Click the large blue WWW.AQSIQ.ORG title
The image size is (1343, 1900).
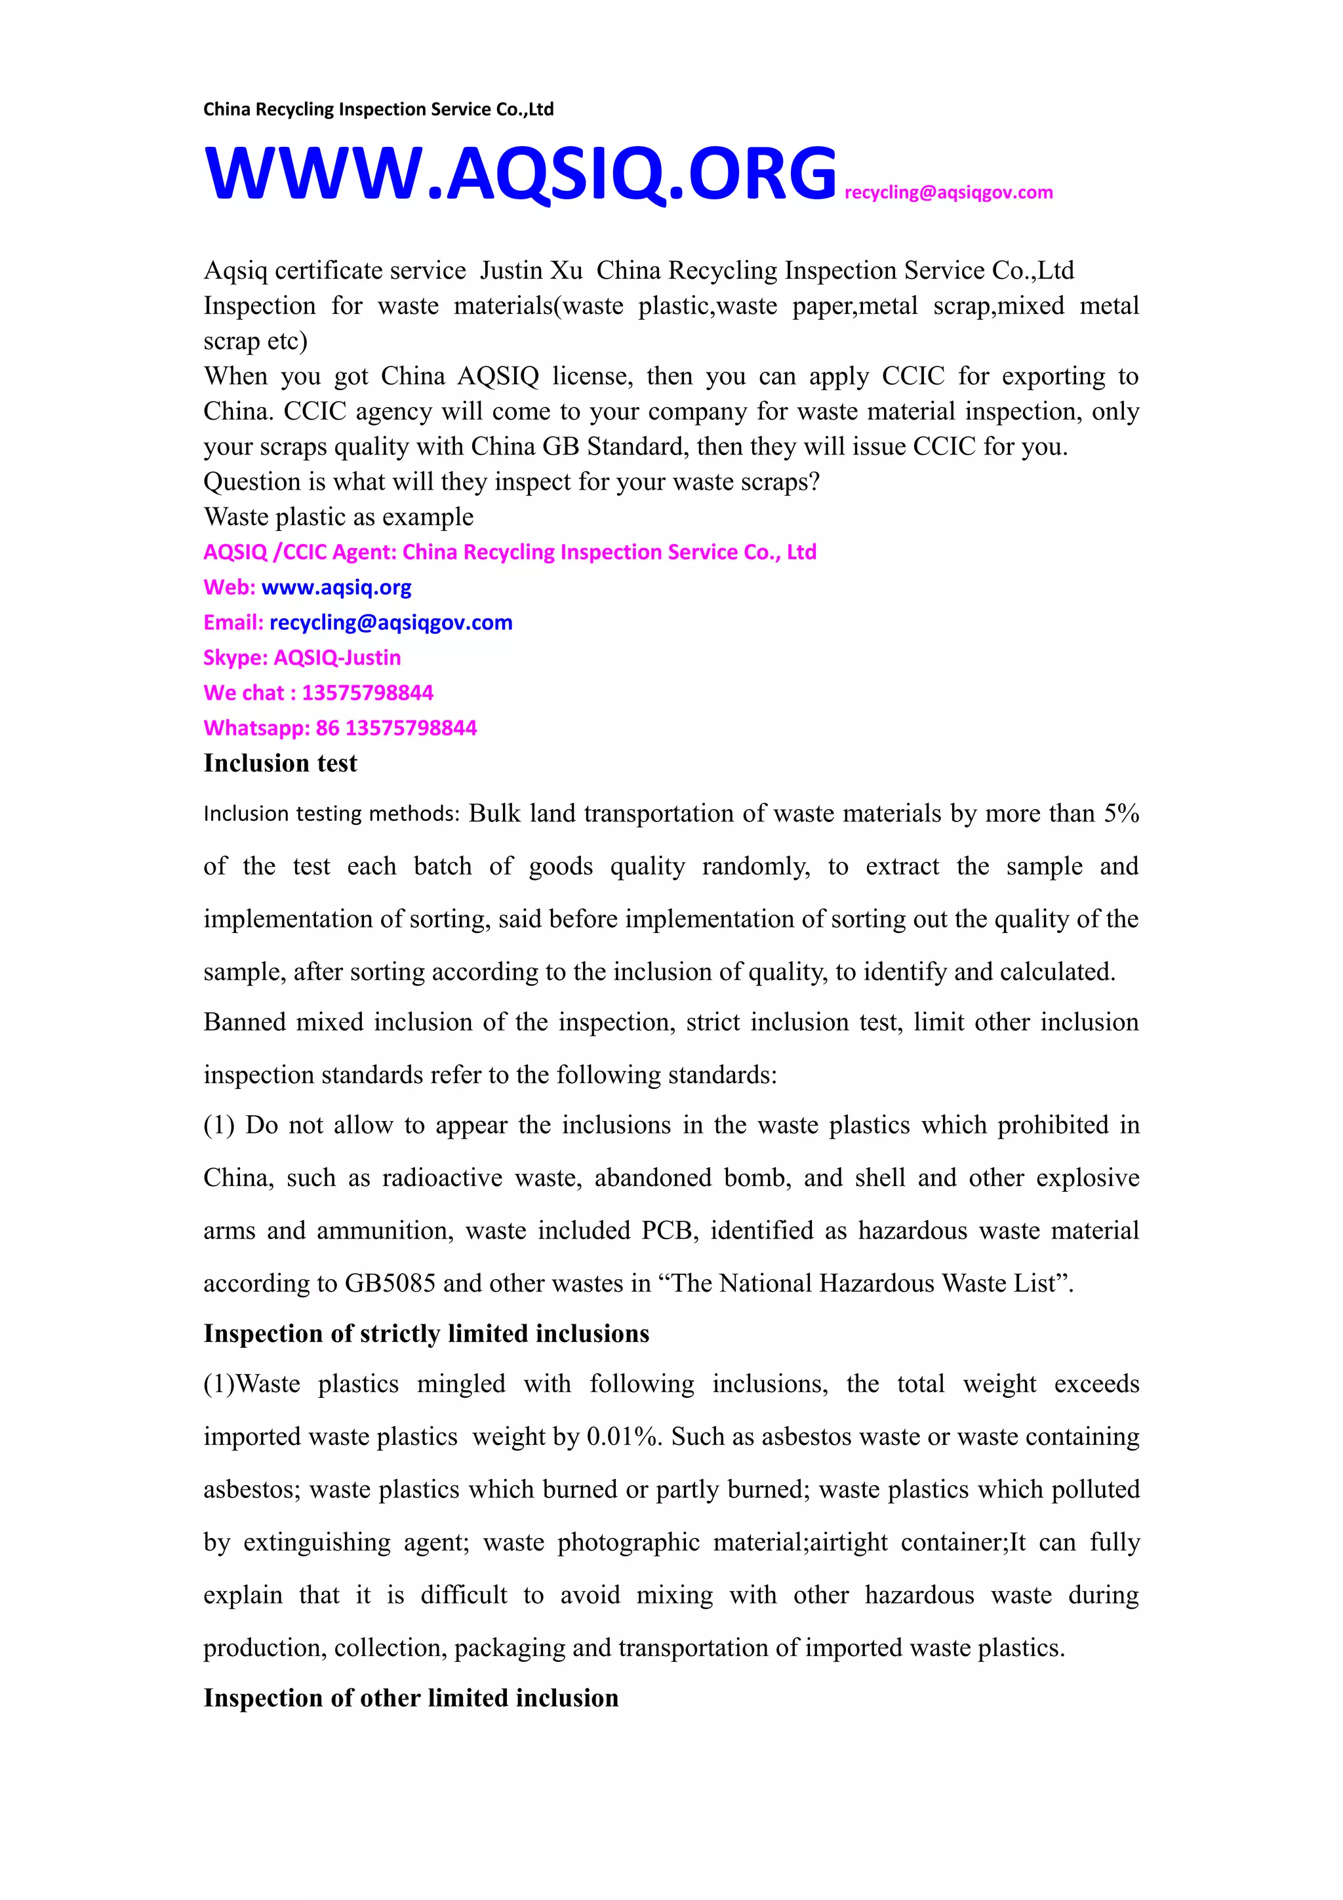519,174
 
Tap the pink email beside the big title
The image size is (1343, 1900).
948,193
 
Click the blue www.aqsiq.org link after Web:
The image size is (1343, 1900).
336,587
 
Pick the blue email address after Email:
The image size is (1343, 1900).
391,622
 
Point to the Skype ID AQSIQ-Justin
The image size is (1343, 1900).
337,658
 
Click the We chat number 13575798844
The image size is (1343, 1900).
367,692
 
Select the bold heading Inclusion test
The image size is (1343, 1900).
281,763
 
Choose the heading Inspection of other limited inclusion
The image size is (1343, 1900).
411,1698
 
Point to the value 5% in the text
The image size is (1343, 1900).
1121,814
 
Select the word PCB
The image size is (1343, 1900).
666,1231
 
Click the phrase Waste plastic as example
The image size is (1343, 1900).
338,517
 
